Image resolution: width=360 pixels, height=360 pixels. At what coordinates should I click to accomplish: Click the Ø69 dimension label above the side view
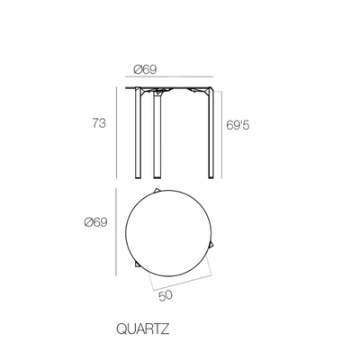[146, 69]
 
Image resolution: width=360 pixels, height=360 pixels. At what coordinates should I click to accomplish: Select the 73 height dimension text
[105, 124]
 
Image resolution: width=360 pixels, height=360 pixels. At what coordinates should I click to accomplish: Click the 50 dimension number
[166, 292]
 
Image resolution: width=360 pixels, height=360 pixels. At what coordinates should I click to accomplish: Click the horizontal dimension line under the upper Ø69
[171, 79]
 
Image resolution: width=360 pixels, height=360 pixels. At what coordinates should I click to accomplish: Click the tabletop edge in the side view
[171, 88]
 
